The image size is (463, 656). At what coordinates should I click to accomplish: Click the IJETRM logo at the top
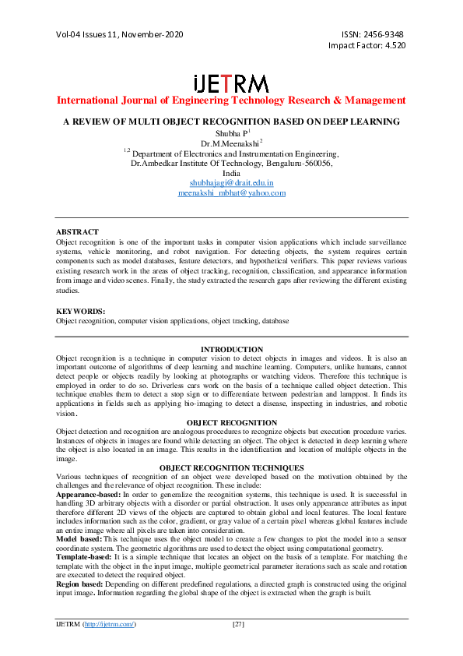point(231,84)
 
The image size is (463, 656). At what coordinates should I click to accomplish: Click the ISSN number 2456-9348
point(387,34)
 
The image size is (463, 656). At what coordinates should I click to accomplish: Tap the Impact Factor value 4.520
point(391,45)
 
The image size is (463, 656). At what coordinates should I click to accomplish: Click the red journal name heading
point(231,101)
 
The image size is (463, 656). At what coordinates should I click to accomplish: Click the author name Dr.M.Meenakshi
point(230,143)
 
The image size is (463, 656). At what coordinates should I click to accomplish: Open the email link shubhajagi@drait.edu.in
point(231,182)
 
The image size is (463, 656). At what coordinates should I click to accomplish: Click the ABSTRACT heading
point(77,232)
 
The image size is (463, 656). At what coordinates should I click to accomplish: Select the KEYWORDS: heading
point(80,311)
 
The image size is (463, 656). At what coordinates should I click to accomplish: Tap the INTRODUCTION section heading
point(231,349)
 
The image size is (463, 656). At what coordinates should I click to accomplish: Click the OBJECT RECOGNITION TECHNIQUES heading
point(231,467)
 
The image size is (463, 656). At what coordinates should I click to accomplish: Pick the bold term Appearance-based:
point(88,494)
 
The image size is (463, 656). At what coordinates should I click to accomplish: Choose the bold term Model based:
point(78,539)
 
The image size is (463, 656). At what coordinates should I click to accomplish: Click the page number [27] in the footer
point(240,625)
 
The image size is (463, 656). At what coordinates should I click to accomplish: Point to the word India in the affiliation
point(231,173)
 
